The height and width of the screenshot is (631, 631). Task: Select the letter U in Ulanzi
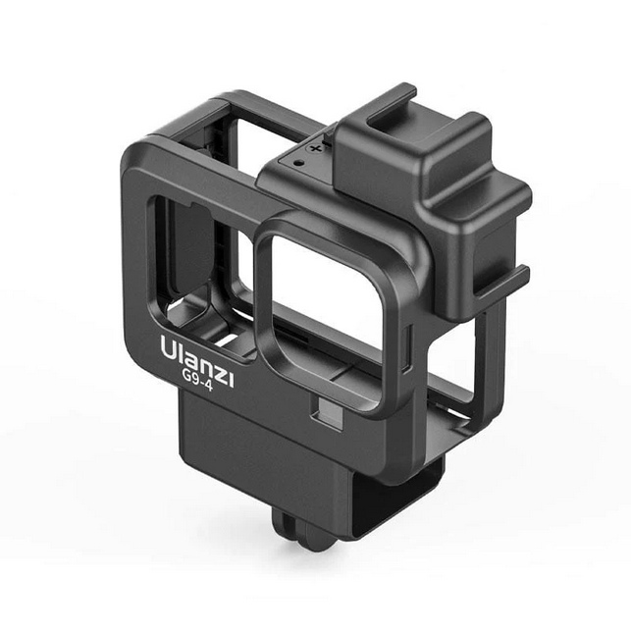tap(168, 346)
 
